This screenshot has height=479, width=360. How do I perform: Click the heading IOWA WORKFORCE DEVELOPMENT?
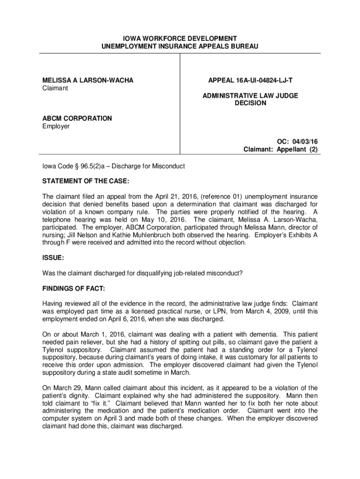click(x=180, y=38)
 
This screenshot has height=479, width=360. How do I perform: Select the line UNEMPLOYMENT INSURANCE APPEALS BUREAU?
click(x=180, y=46)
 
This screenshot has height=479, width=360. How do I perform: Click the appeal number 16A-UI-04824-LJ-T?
click(x=264, y=80)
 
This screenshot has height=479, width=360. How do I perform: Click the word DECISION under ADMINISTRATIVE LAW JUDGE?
click(x=250, y=103)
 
